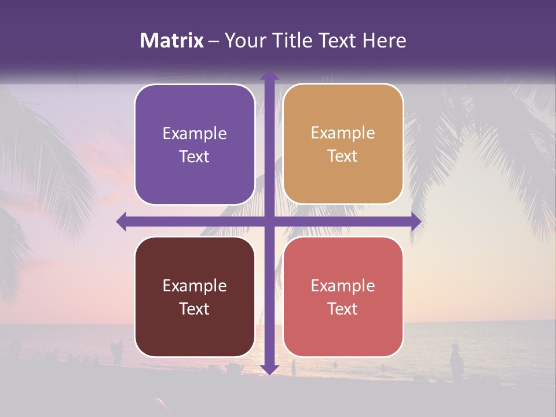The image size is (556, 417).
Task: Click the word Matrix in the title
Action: click(172, 41)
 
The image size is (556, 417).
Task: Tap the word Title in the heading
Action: click(292, 41)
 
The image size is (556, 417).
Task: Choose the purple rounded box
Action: click(195, 144)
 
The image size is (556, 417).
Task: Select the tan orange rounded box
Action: click(343, 144)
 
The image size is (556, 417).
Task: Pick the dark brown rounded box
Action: click(195, 297)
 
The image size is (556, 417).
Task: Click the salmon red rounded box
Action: click(343, 297)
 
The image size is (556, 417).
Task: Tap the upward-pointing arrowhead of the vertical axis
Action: click(269, 76)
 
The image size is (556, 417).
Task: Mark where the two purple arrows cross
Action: click(269, 221)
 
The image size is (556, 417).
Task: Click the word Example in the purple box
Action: click(195, 134)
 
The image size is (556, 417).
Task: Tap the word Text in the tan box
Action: click(343, 156)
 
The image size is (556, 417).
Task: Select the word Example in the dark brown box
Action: click(195, 286)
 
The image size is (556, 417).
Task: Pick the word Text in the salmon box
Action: click(343, 309)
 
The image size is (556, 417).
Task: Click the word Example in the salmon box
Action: click(343, 286)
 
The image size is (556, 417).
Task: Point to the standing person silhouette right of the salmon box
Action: click(456, 363)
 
